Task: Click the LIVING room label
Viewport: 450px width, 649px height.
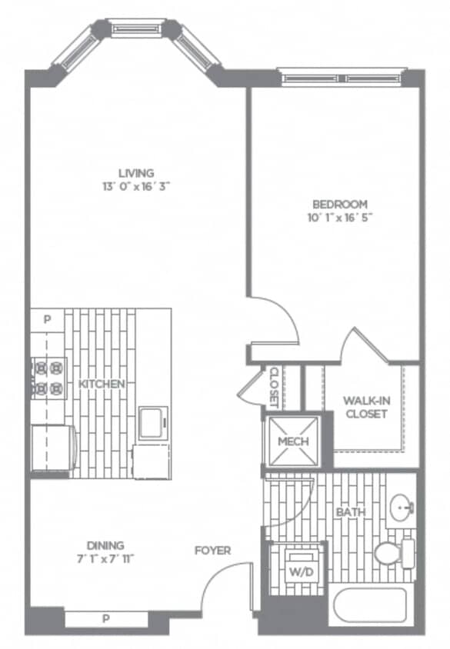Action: [x=136, y=172]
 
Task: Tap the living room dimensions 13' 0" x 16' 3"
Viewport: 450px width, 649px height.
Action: [x=136, y=185]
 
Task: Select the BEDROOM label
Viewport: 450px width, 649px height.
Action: [x=339, y=204]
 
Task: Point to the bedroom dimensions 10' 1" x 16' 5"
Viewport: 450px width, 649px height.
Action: [x=339, y=217]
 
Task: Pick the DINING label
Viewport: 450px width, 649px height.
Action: [x=105, y=545]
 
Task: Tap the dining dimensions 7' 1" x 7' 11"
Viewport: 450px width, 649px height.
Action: [x=105, y=559]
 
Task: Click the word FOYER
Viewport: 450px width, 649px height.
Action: [x=212, y=551]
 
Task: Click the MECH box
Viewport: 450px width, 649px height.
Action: [x=292, y=442]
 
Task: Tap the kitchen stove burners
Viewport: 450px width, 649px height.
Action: [x=48, y=378]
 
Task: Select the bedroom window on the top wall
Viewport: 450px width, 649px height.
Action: [x=341, y=77]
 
